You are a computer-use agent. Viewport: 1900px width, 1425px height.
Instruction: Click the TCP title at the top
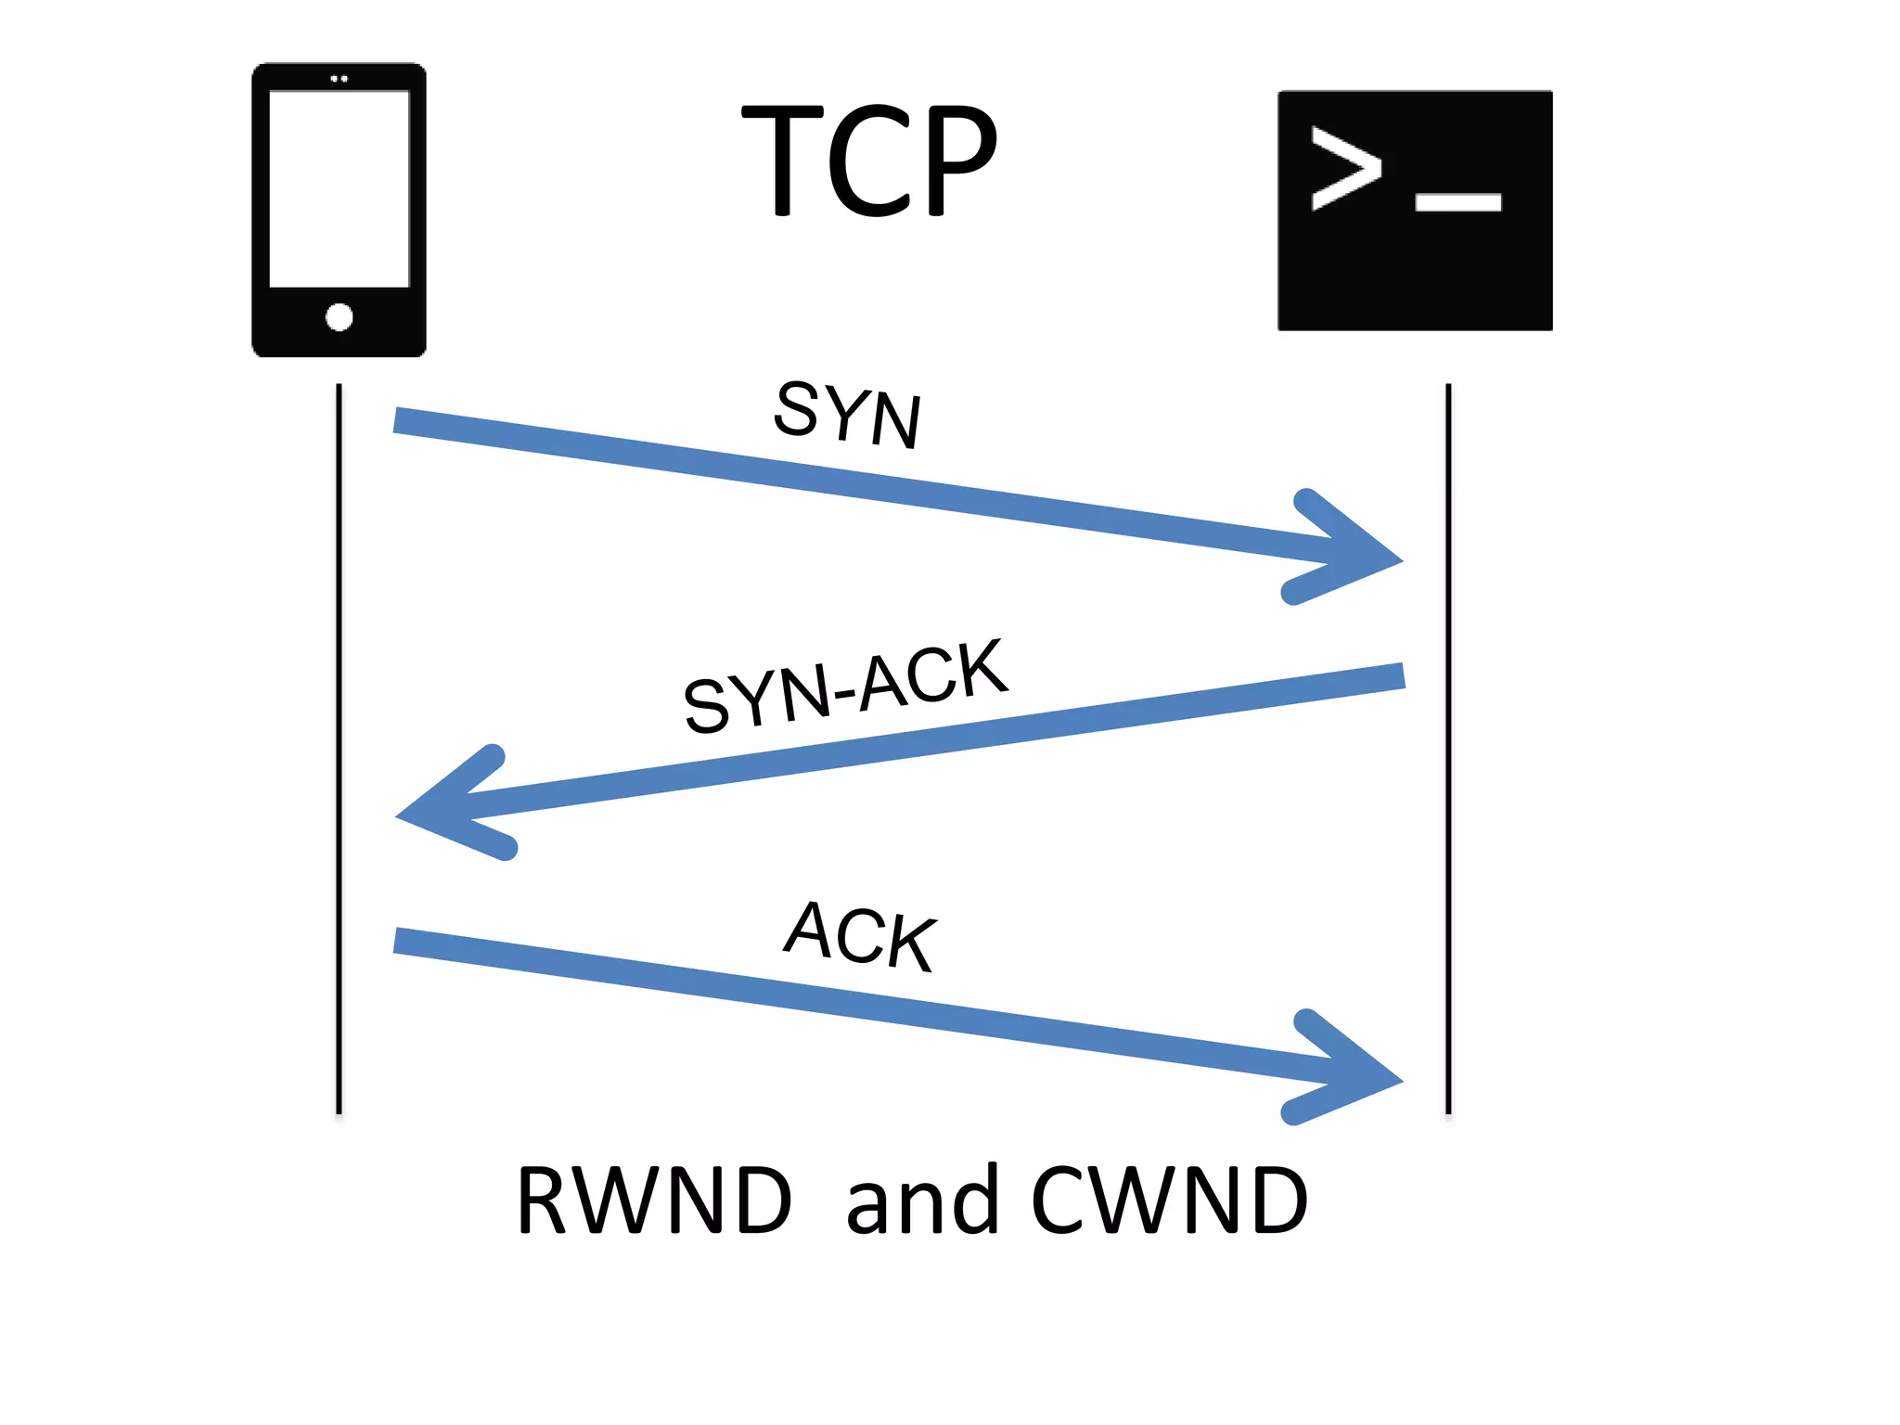(x=870, y=160)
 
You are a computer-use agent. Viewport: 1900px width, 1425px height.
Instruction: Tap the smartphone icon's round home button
(x=340, y=317)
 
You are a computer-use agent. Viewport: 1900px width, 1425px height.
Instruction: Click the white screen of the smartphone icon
(x=340, y=188)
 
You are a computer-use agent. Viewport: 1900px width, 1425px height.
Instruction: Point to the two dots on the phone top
(x=340, y=79)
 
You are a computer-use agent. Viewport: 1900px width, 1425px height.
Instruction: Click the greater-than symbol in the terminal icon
(x=1344, y=169)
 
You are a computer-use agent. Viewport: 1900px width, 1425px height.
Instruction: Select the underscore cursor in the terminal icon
(x=1457, y=202)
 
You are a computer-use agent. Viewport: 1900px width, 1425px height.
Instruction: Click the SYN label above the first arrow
(x=847, y=414)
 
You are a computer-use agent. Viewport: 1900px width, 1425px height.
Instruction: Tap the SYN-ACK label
(x=845, y=687)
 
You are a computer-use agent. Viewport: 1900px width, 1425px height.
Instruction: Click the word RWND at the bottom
(x=654, y=1201)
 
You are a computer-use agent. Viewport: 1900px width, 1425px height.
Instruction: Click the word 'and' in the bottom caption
(x=922, y=1201)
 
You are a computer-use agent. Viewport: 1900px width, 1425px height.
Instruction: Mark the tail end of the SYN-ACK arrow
(x=1396, y=676)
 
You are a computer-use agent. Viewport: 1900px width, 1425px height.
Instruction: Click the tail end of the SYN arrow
(x=401, y=420)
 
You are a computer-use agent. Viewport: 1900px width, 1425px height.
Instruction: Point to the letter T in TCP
(x=782, y=160)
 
